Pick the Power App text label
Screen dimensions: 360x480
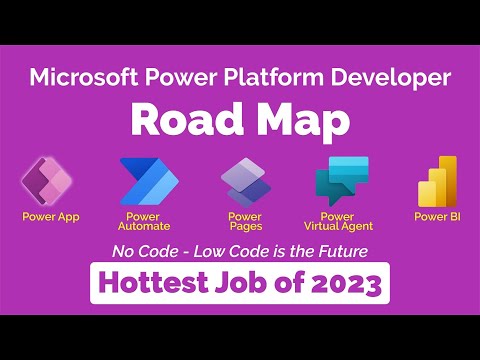(x=51, y=215)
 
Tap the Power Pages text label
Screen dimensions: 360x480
(x=245, y=221)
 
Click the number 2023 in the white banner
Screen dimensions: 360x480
(x=341, y=284)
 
